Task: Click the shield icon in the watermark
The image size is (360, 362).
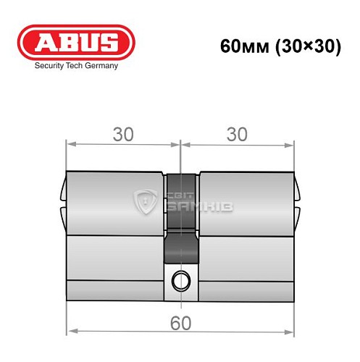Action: [146, 201]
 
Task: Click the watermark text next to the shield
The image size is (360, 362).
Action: [190, 203]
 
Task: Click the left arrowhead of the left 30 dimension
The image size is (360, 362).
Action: [70, 143]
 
